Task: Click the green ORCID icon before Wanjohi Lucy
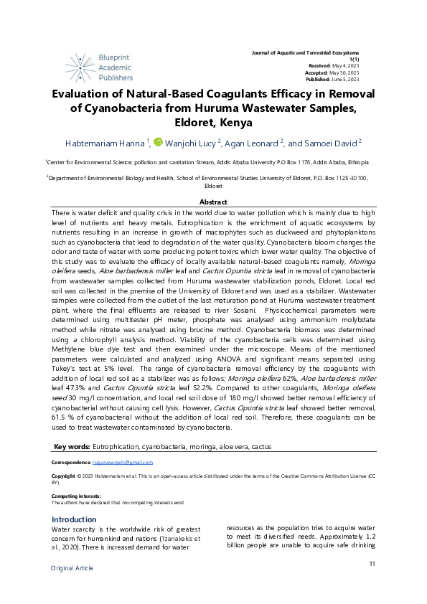pyautogui.click(x=158, y=142)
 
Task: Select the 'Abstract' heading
pyautogui.click(x=213, y=203)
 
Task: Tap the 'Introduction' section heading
pyautogui.click(x=74, y=519)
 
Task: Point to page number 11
pyautogui.click(x=372, y=564)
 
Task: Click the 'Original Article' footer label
pyautogui.click(x=72, y=568)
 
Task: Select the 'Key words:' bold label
pyautogui.click(x=72, y=446)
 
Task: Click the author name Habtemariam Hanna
pyautogui.click(x=105, y=143)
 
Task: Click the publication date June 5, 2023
pyautogui.click(x=345, y=79)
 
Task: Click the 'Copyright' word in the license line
pyautogui.click(x=64, y=476)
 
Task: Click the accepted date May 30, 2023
pyautogui.click(x=344, y=72)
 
